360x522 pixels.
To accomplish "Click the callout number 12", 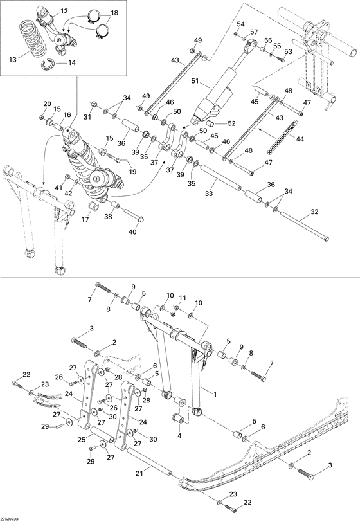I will click(x=64, y=12).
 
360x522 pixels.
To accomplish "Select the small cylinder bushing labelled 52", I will click(x=215, y=123).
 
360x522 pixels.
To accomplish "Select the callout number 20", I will click(x=47, y=104).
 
